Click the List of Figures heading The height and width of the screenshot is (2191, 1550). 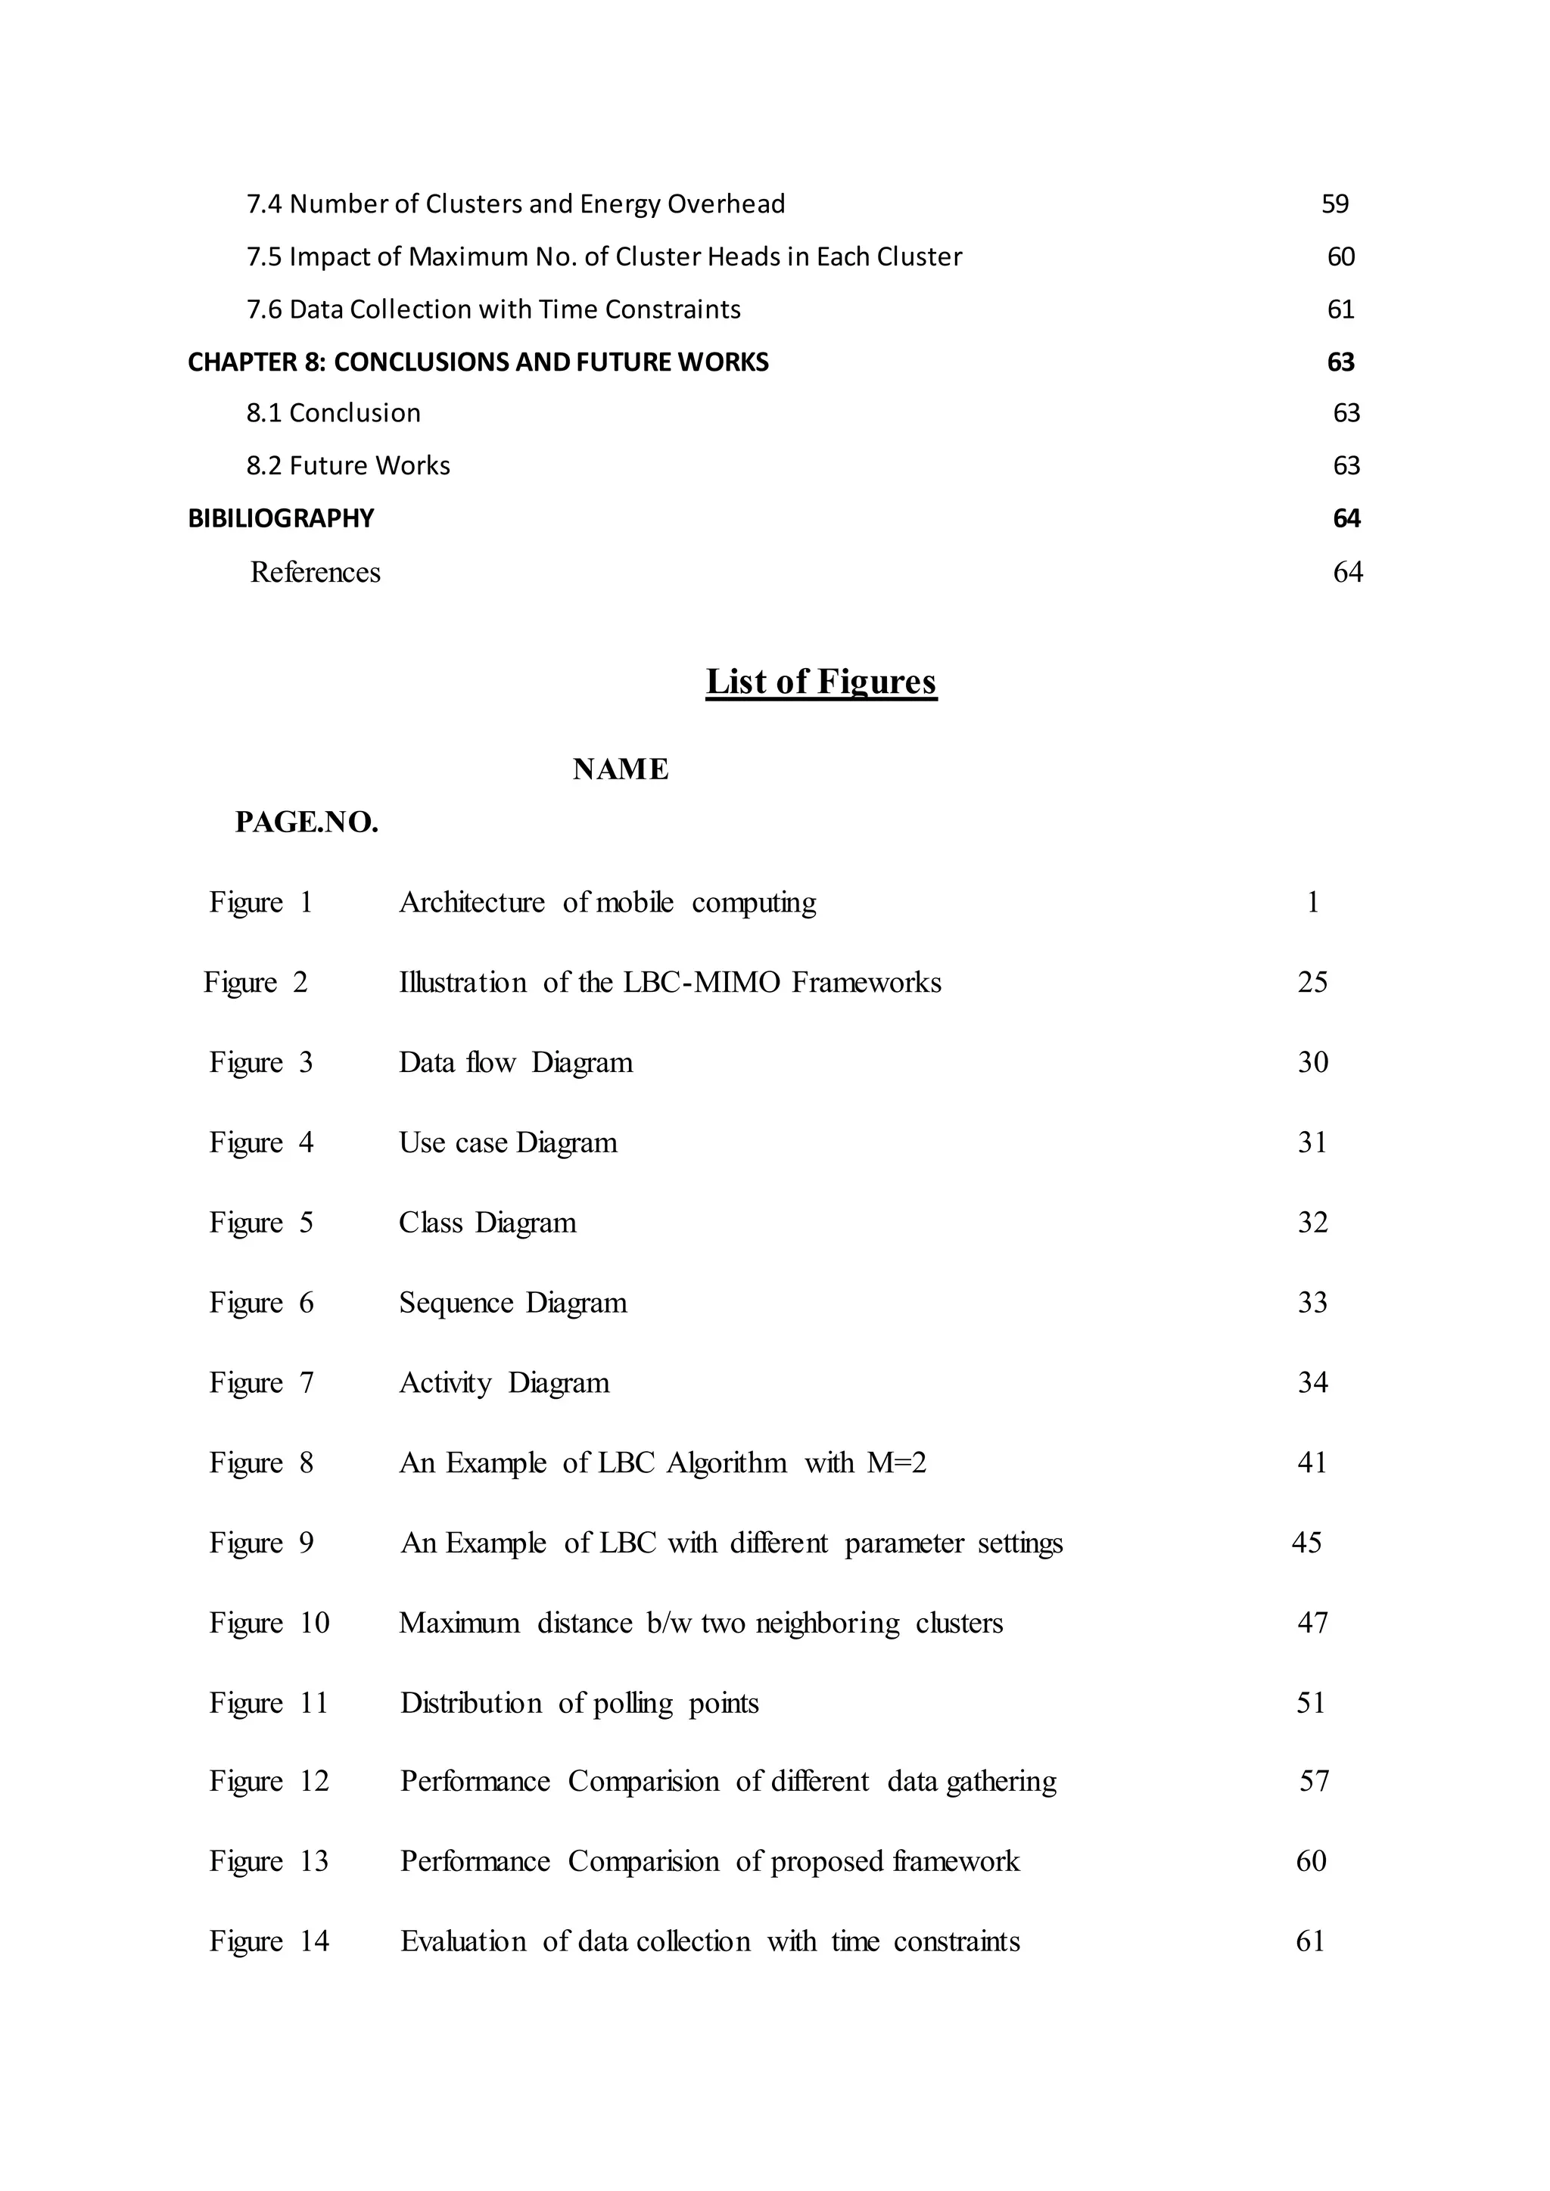point(821,682)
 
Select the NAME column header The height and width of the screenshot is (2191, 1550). point(621,769)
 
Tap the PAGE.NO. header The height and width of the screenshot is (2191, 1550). point(307,822)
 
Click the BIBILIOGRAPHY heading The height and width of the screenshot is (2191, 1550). point(281,518)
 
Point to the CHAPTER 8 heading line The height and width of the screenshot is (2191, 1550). point(478,362)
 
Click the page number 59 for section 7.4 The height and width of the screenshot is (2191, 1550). point(1334,204)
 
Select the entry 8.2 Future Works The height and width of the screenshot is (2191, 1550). point(347,466)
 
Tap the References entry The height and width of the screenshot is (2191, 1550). point(315,573)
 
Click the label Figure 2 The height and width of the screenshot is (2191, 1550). point(255,982)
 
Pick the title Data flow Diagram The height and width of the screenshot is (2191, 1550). point(515,1062)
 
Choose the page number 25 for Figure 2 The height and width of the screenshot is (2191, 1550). point(1312,982)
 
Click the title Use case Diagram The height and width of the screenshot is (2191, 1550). point(508,1142)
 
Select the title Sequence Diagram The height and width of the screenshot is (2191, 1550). point(512,1303)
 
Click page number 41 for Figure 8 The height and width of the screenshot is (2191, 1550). point(1312,1463)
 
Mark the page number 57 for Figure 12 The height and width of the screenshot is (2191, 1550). point(1313,1782)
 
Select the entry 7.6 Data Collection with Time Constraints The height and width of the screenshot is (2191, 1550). point(493,309)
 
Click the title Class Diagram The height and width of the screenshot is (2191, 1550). point(487,1223)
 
